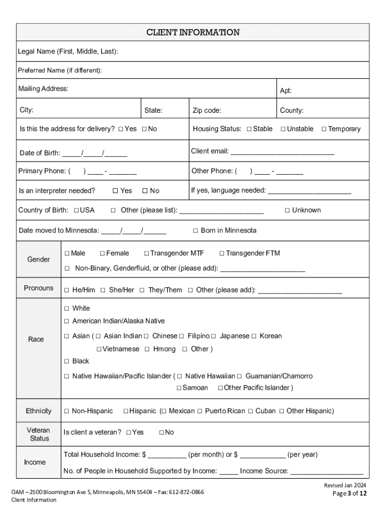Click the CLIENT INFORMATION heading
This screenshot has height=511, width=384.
[192, 32]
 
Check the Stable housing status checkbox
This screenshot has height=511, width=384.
[249, 129]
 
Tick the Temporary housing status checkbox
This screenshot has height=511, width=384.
[324, 129]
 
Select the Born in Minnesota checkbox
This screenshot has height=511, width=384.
[196, 231]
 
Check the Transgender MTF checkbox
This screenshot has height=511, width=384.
[147, 254]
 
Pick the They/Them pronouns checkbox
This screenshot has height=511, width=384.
[142, 290]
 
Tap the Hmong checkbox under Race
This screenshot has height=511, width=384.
[147, 349]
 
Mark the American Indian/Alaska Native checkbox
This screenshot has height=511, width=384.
[67, 321]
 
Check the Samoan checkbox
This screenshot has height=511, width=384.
[179, 388]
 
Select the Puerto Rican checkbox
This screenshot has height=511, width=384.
[199, 411]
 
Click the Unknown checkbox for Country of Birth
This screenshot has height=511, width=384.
[287, 210]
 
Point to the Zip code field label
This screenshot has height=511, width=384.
[206, 110]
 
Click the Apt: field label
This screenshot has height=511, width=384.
[286, 91]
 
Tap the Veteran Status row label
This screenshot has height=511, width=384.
[38, 434]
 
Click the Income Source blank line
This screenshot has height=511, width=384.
[327, 471]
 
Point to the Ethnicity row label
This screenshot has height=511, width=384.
[38, 411]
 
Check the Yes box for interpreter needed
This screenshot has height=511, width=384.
[115, 191]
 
